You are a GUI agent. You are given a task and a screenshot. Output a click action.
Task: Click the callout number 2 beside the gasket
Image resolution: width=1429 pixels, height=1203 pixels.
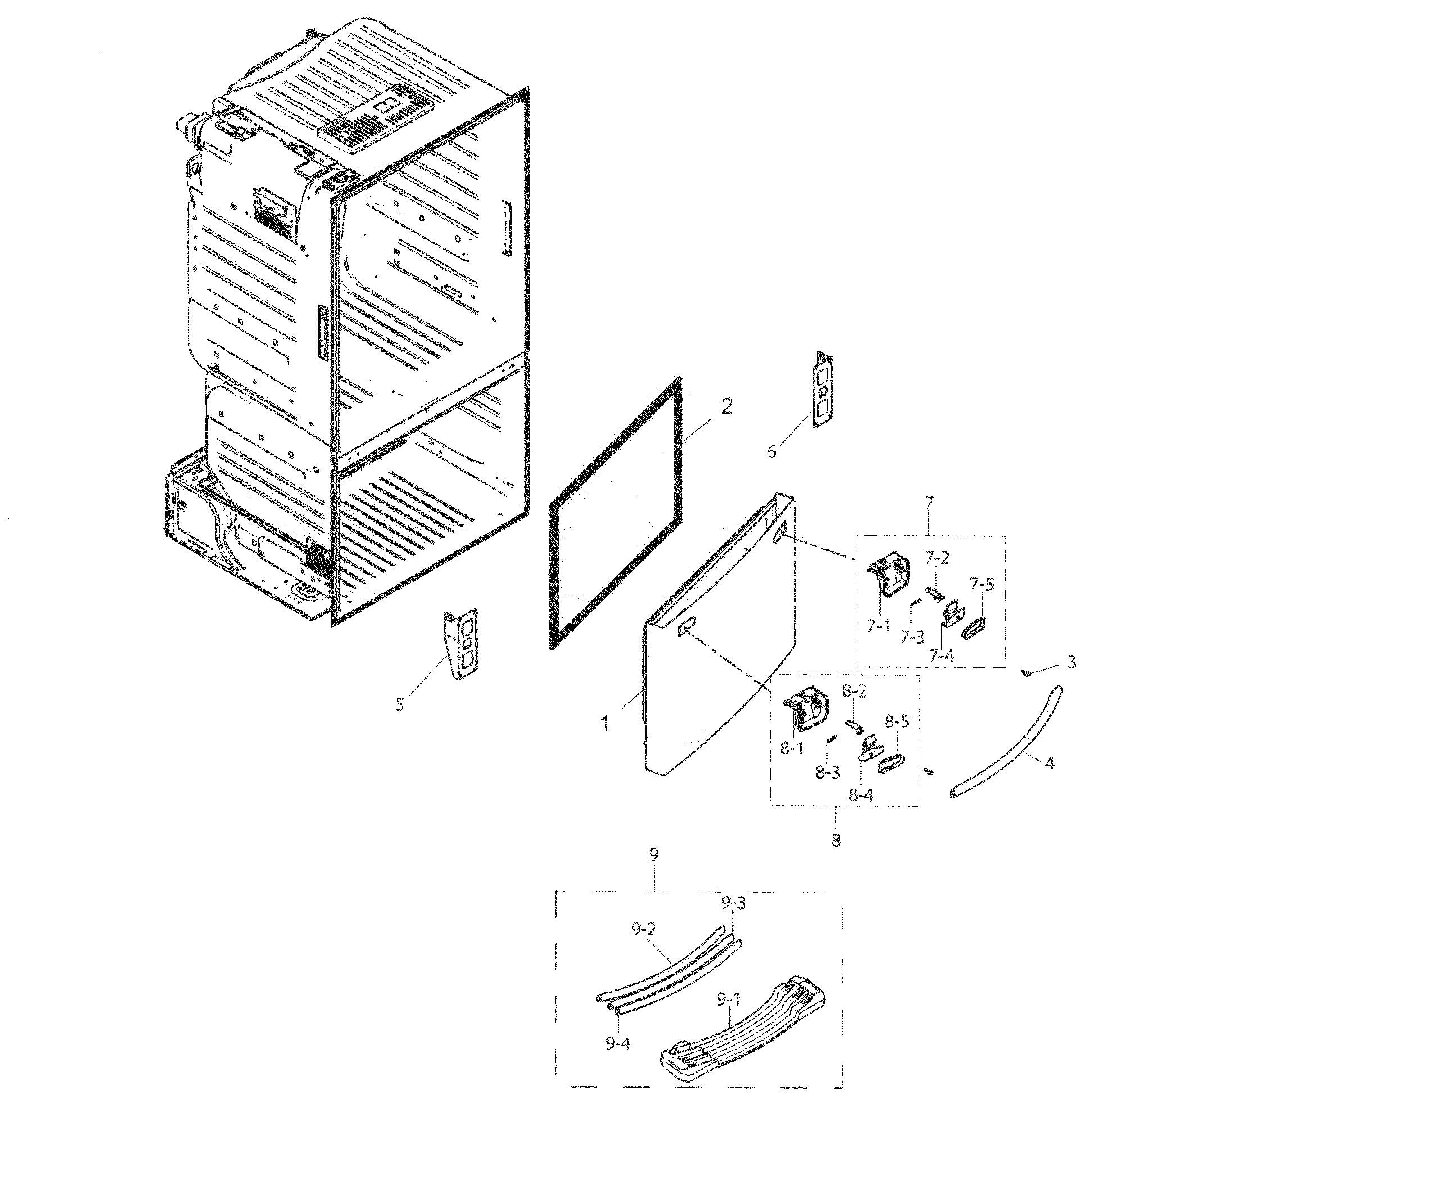727,407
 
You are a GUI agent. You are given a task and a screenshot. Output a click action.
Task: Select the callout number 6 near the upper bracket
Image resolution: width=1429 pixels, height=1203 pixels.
772,452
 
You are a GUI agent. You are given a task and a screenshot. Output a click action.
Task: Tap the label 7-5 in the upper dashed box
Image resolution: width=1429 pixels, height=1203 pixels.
981,585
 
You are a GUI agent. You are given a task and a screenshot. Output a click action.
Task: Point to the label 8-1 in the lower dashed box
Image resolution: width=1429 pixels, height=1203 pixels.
792,749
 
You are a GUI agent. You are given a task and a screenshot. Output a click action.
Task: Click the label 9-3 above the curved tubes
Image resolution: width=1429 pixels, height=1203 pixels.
733,903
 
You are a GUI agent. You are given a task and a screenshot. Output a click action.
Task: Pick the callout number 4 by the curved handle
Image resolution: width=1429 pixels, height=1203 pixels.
1049,764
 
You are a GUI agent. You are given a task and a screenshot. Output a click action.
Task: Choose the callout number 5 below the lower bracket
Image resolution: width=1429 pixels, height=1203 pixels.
400,704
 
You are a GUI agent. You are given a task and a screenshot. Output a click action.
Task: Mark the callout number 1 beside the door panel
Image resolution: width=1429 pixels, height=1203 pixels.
604,723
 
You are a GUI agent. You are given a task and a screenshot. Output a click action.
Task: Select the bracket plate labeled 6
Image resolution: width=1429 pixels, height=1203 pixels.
822,391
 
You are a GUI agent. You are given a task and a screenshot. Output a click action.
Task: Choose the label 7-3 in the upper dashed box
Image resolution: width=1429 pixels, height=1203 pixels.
911,637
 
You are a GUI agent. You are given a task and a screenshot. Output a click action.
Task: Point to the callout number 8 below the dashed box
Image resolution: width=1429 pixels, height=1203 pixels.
836,840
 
